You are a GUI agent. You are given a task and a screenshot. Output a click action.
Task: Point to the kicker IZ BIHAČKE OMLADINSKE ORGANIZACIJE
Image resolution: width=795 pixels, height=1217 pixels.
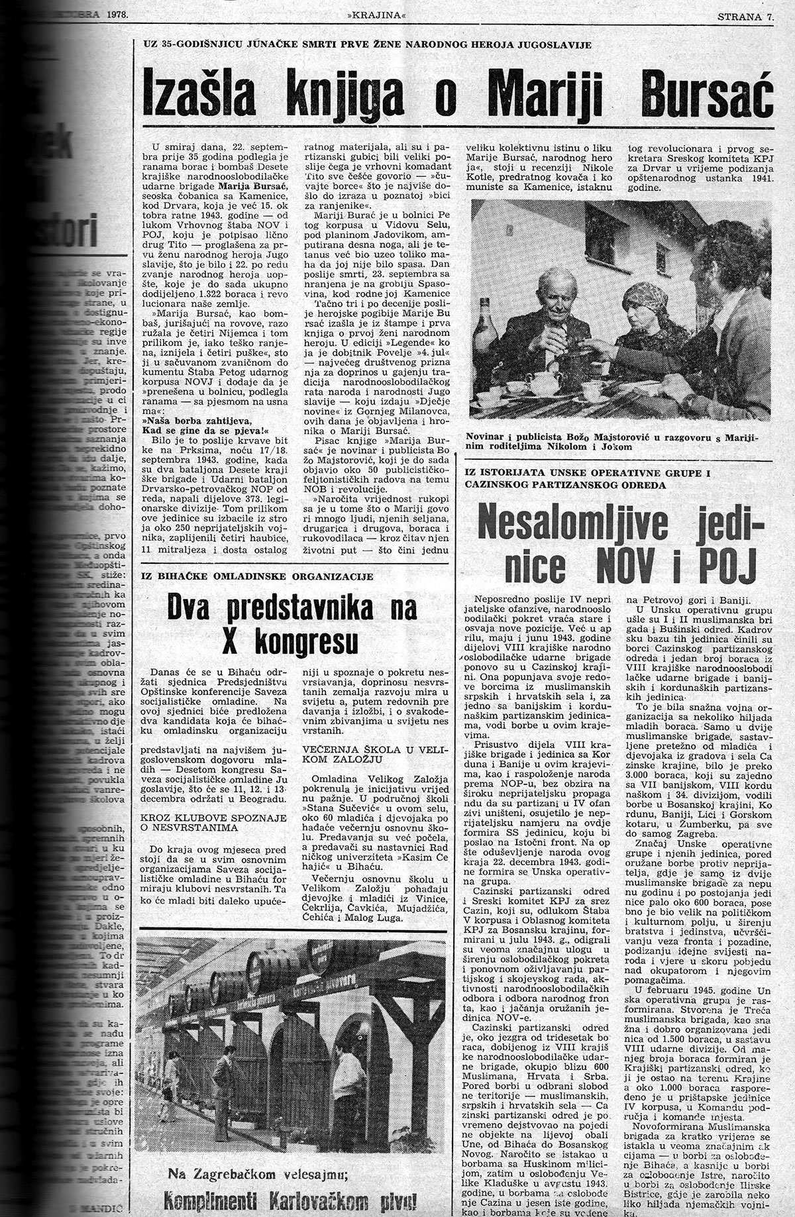tap(257, 576)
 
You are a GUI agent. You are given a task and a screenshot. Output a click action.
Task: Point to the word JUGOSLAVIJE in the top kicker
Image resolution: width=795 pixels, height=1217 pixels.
tap(554, 44)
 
